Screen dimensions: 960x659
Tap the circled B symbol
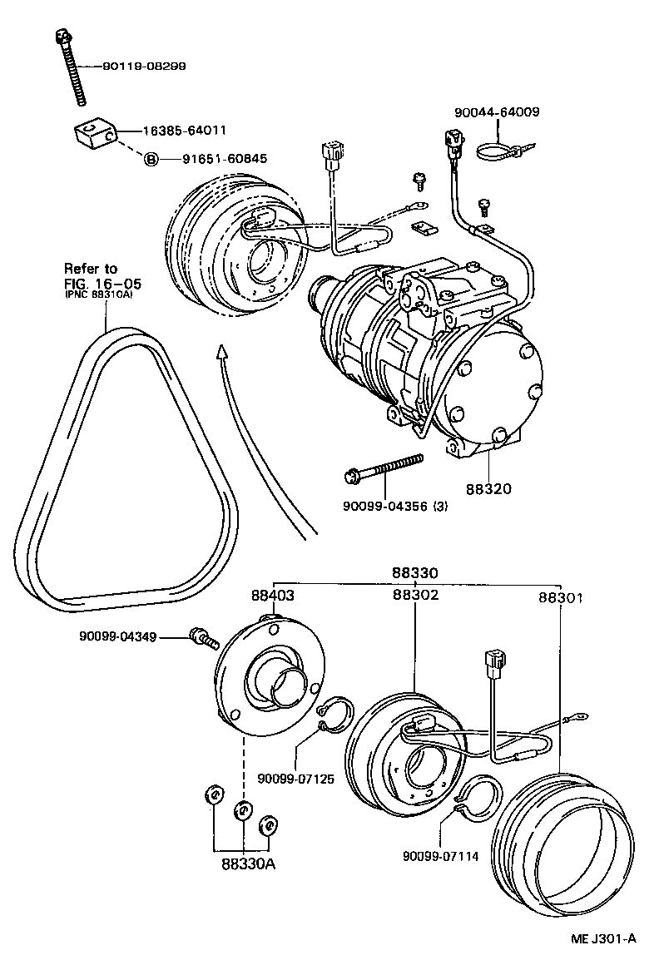point(151,159)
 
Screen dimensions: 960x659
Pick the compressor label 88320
point(490,489)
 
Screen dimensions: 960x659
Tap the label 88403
point(273,595)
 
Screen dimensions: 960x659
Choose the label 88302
point(415,595)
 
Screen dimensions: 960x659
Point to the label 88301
point(560,597)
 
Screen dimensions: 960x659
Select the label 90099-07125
point(296,779)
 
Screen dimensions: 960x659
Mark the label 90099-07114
point(440,856)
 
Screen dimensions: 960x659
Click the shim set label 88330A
point(248,864)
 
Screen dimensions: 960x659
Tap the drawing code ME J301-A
point(604,938)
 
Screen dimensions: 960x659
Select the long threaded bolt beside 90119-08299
point(72,67)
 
